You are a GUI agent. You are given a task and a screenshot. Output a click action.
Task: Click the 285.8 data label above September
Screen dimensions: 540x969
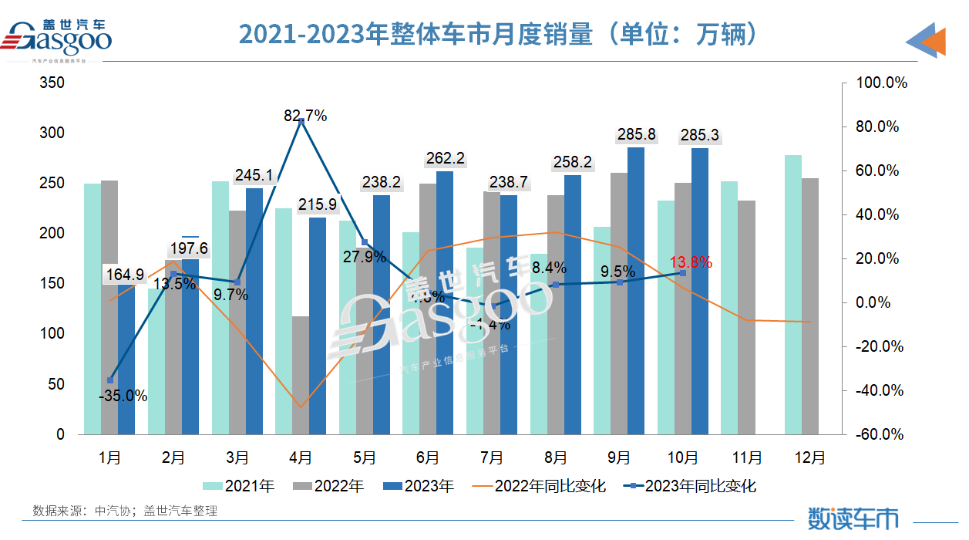636,135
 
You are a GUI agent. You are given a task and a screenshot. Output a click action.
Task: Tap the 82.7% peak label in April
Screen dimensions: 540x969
305,116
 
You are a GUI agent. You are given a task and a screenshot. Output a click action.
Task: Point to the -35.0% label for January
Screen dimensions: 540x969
123,396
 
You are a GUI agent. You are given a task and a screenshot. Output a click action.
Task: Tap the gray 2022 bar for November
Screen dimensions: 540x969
746,317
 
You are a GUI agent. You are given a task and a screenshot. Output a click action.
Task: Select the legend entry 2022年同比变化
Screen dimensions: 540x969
539,486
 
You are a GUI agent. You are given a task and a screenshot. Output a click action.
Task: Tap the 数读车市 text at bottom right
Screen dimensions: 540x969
853,518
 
